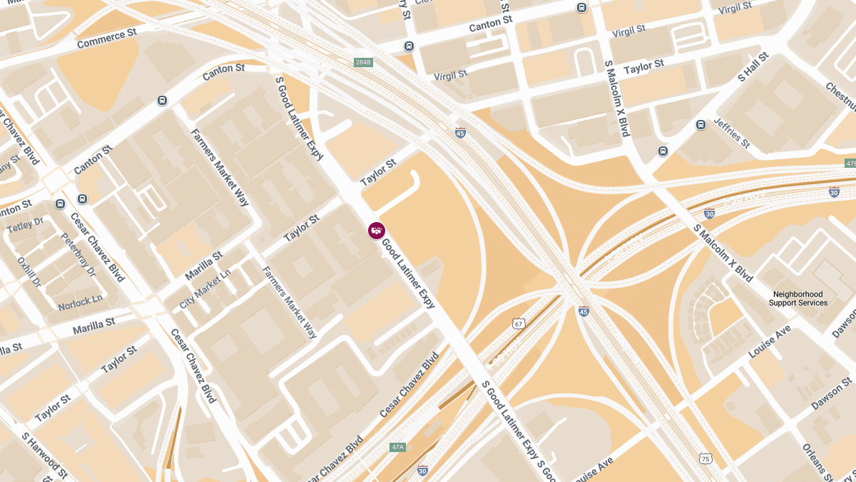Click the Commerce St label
tap(106, 39)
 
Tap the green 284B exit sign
tap(363, 63)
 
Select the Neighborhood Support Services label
tap(798, 298)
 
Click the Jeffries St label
tap(732, 134)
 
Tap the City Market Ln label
tap(205, 288)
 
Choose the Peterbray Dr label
tap(78, 255)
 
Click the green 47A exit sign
tap(397, 448)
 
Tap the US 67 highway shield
tap(519, 324)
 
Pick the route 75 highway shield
tap(705, 458)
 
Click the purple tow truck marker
tap(377, 230)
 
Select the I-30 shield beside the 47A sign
tap(422, 470)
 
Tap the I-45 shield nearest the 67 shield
tap(584, 311)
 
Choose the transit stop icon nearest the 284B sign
tap(409, 46)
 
